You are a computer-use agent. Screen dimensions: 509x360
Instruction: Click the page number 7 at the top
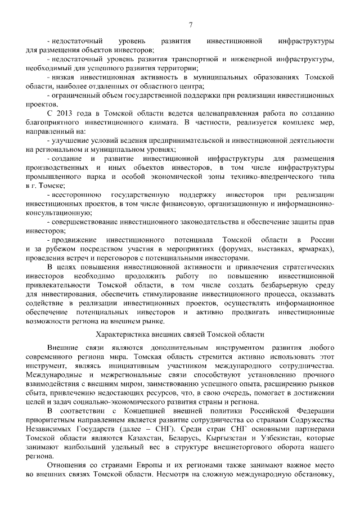pos(191,24)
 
